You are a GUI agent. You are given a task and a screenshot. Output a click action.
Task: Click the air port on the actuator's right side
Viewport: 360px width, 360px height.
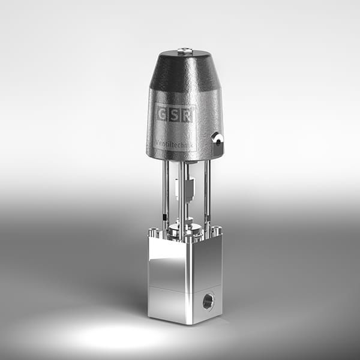point(217,139)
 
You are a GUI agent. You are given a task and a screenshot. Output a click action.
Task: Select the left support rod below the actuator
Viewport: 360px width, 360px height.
point(164,192)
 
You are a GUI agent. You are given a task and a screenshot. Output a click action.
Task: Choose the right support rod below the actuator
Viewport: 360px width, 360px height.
point(207,192)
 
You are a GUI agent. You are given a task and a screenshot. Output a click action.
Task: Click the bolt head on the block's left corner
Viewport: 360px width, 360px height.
point(154,231)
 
